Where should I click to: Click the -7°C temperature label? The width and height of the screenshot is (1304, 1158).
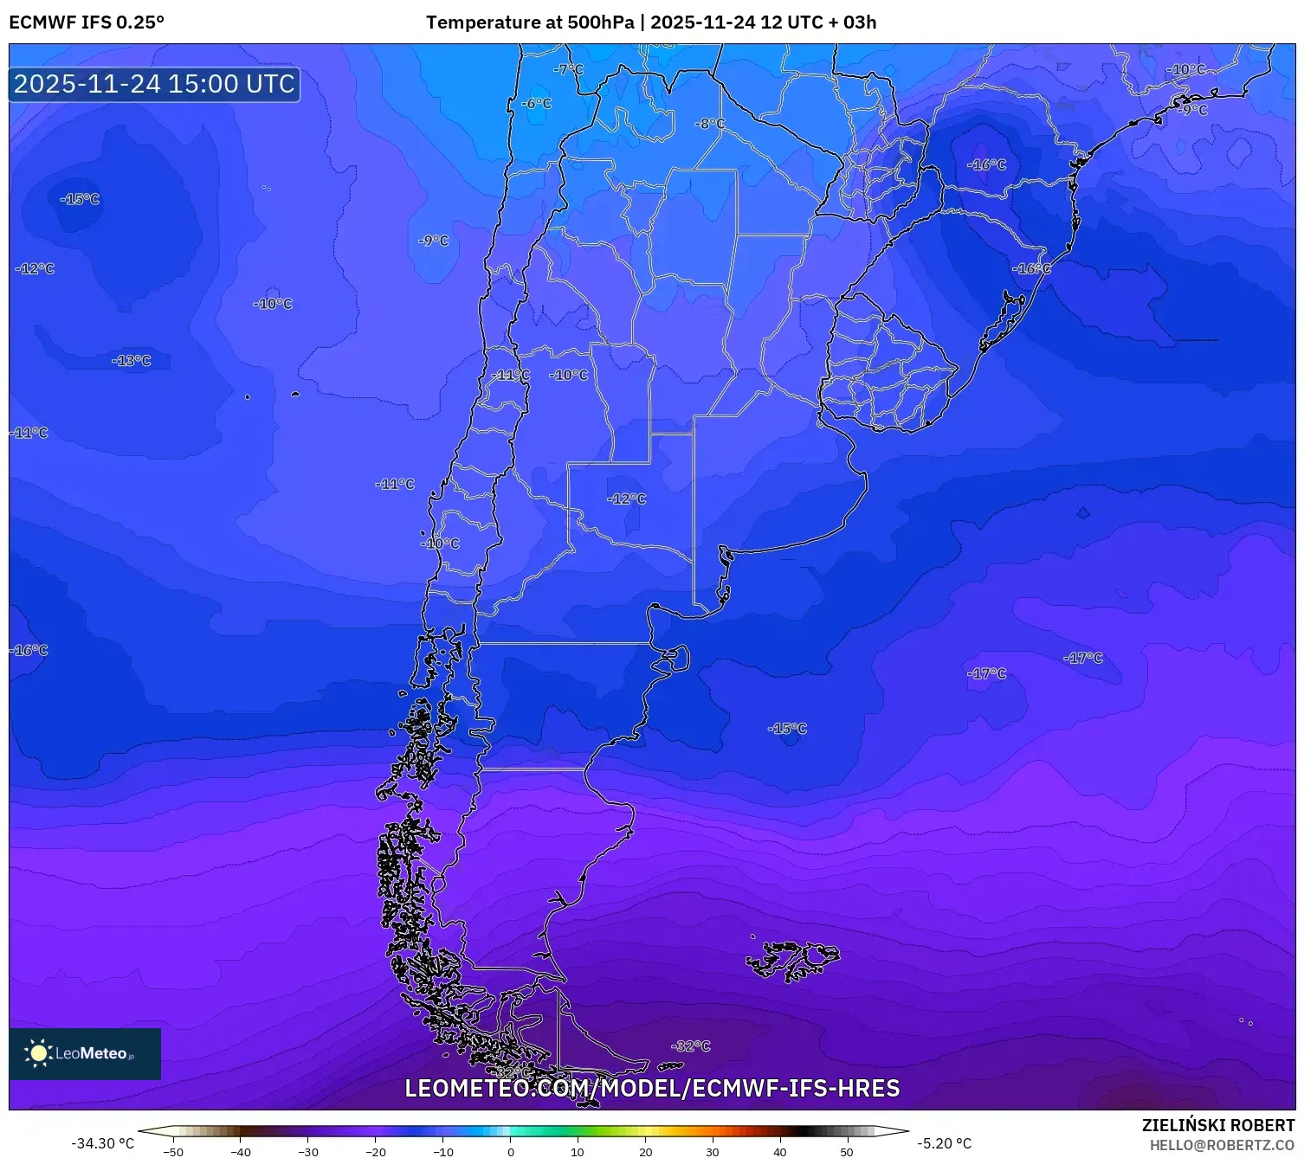point(569,69)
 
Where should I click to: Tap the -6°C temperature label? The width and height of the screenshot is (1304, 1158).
point(536,103)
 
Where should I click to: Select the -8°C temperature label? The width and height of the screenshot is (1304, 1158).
point(710,124)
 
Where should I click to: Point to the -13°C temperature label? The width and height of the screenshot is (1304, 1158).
point(132,360)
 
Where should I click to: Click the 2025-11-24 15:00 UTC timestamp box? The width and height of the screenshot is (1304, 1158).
point(155,84)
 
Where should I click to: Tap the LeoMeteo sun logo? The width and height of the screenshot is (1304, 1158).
point(38,1053)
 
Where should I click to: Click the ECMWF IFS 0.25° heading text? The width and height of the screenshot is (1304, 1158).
point(87,23)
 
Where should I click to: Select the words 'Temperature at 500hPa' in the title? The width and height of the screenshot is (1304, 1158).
point(530,23)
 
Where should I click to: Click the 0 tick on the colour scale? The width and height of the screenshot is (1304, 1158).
point(511,1151)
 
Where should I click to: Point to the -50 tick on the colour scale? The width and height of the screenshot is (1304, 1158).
point(173,1151)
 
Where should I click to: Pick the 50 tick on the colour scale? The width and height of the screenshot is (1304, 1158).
point(847,1151)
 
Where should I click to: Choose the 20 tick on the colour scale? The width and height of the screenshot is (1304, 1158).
point(645,1151)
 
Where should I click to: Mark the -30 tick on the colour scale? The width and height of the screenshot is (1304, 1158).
point(308,1151)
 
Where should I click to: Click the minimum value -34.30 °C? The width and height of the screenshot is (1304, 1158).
point(102,1143)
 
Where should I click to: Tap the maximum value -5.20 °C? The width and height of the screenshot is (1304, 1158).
point(945,1143)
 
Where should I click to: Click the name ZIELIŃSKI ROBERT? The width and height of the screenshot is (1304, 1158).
point(1218,1125)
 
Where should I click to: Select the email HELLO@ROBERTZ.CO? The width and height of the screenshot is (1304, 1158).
point(1222,1145)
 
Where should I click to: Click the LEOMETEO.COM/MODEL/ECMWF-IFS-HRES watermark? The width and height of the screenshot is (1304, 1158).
point(652,1088)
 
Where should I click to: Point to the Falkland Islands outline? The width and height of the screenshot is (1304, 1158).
point(792,959)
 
